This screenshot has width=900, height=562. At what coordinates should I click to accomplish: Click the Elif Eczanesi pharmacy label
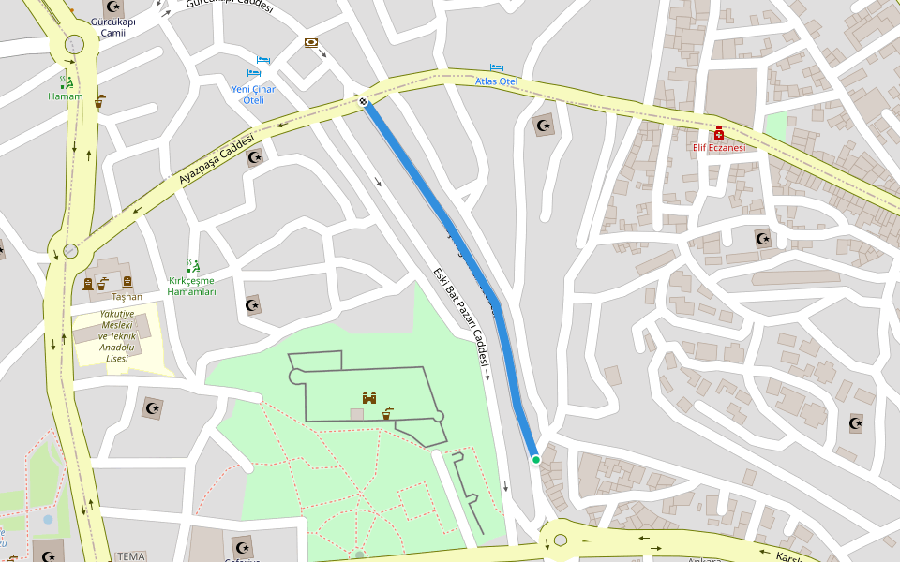point(719,147)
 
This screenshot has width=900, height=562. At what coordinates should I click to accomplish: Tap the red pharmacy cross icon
point(719,133)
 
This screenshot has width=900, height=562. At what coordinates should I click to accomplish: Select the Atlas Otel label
point(496,81)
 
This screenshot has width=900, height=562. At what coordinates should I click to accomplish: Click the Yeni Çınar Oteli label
point(253,95)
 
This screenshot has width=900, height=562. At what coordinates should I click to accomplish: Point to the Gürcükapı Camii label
point(114,27)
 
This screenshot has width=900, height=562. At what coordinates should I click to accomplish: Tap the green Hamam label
point(66,96)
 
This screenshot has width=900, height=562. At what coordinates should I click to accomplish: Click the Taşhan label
point(127,296)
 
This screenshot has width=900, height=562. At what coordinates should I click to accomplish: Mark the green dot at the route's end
point(536,459)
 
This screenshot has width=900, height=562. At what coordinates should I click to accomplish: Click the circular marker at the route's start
point(362,100)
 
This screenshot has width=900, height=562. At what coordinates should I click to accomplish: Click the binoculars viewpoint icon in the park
point(369,398)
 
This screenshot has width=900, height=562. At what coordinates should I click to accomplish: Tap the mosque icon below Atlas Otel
point(543,126)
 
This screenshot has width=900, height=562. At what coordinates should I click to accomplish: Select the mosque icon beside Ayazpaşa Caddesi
point(254,157)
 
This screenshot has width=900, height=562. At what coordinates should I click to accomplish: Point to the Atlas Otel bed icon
point(497,68)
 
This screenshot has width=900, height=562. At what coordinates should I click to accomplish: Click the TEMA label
point(130,556)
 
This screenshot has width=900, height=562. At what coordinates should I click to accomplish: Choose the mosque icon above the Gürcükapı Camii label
point(114,9)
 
